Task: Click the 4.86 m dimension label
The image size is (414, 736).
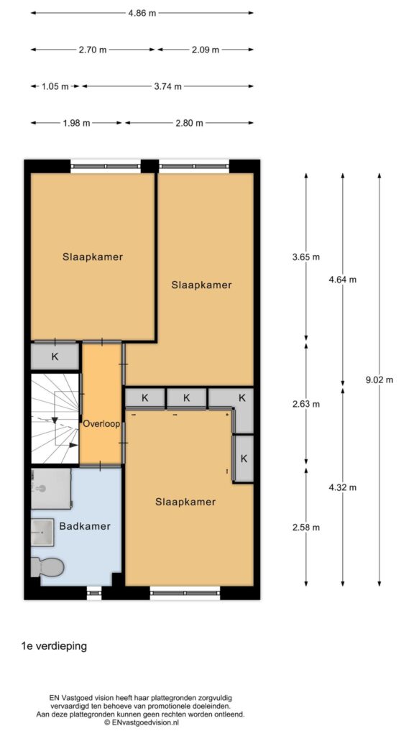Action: point(142,13)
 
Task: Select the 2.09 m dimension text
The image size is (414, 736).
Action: point(206,50)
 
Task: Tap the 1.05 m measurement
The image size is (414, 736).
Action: point(55,86)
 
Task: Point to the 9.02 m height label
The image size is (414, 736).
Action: point(379,380)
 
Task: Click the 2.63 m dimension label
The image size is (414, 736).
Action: point(306,404)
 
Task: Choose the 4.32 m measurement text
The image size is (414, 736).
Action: point(343,487)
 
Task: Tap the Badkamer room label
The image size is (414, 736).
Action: point(85,526)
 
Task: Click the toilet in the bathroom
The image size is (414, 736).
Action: point(47,567)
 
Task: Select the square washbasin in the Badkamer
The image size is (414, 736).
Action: point(42,533)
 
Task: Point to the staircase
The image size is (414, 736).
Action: point(55,418)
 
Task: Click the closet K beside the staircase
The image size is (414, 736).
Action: point(55,356)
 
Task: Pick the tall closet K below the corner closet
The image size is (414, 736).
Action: point(244,459)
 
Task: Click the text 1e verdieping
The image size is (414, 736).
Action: point(54,646)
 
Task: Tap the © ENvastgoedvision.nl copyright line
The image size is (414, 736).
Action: point(142,723)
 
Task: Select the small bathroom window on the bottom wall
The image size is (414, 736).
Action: point(94,593)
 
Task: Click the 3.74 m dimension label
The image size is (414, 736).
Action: point(167,86)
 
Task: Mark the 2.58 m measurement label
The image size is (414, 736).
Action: point(306,528)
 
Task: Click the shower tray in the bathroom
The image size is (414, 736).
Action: point(51,489)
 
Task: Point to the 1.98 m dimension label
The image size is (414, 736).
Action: point(77,123)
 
